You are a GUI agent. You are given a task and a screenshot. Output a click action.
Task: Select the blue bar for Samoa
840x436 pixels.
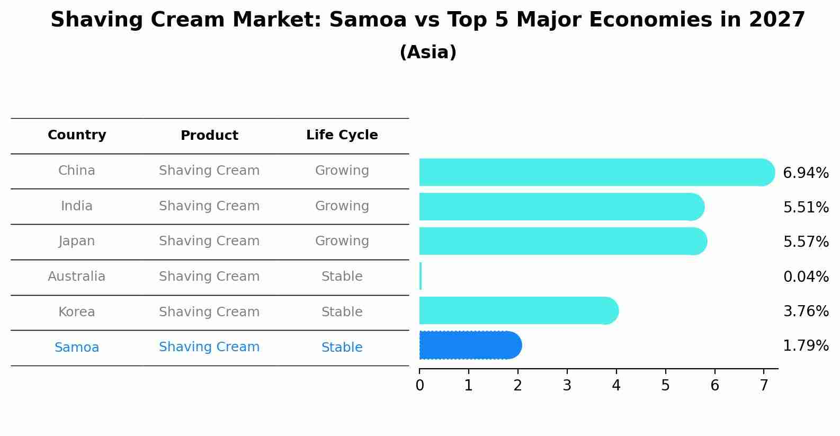[470, 345]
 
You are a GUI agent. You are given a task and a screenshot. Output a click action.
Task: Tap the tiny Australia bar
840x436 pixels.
[421, 276]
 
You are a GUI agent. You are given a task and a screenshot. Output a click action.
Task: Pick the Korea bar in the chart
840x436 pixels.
[518, 310]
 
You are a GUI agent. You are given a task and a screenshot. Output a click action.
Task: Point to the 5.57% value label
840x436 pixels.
[806, 242]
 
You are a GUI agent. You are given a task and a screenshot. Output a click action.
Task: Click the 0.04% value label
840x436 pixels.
[806, 277]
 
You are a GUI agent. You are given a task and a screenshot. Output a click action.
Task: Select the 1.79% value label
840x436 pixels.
[806, 346]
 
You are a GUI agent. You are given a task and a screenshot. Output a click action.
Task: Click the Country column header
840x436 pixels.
[77, 135]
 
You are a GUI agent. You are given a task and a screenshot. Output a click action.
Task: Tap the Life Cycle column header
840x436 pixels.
[342, 135]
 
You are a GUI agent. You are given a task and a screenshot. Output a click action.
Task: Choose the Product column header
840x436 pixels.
[209, 136]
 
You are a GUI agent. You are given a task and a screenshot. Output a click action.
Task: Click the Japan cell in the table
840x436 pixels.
[77, 241]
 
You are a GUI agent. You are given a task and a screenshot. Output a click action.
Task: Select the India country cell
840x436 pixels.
[77, 206]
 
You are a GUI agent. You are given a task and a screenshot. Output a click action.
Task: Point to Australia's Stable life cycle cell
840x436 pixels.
[342, 277]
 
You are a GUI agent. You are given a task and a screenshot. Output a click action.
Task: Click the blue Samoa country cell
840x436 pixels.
[77, 348]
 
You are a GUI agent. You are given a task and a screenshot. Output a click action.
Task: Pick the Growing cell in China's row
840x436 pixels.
[342, 171]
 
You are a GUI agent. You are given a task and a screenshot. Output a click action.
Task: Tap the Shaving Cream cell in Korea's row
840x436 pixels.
[209, 312]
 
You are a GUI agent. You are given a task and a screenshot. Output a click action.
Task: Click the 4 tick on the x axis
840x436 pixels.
[616, 385]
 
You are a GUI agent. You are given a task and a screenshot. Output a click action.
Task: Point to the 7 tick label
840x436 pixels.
[764, 385]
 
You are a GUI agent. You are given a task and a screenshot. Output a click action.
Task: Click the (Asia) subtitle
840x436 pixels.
[427, 52]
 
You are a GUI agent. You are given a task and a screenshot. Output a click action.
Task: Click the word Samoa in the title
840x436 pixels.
[368, 20]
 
